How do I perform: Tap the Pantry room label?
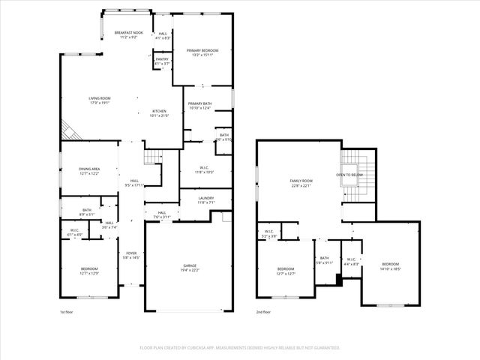pyautogui.click(x=162, y=60)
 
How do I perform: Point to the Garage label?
pyautogui.click(x=190, y=268)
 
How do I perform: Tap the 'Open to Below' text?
pyautogui.click(x=350, y=175)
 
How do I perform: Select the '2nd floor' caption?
pyautogui.click(x=263, y=311)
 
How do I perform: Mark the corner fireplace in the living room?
pyautogui.click(x=69, y=131)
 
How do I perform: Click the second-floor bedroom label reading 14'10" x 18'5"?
pyautogui.click(x=390, y=265)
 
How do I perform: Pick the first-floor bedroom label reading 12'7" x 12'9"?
pyautogui.click(x=89, y=271)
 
